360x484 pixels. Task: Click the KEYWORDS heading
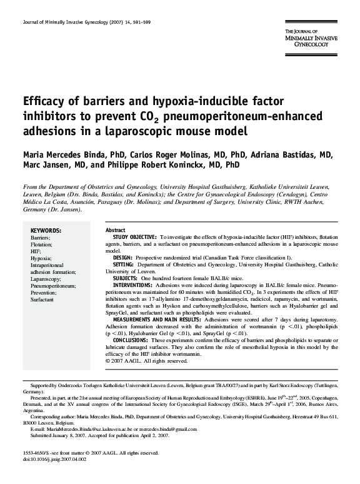[x=46, y=230]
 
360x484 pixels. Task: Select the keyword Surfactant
[x=42, y=300]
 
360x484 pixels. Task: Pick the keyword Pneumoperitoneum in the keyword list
[x=53, y=286]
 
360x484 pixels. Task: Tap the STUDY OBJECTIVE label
[x=134, y=238]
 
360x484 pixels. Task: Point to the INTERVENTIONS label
[x=134, y=285]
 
